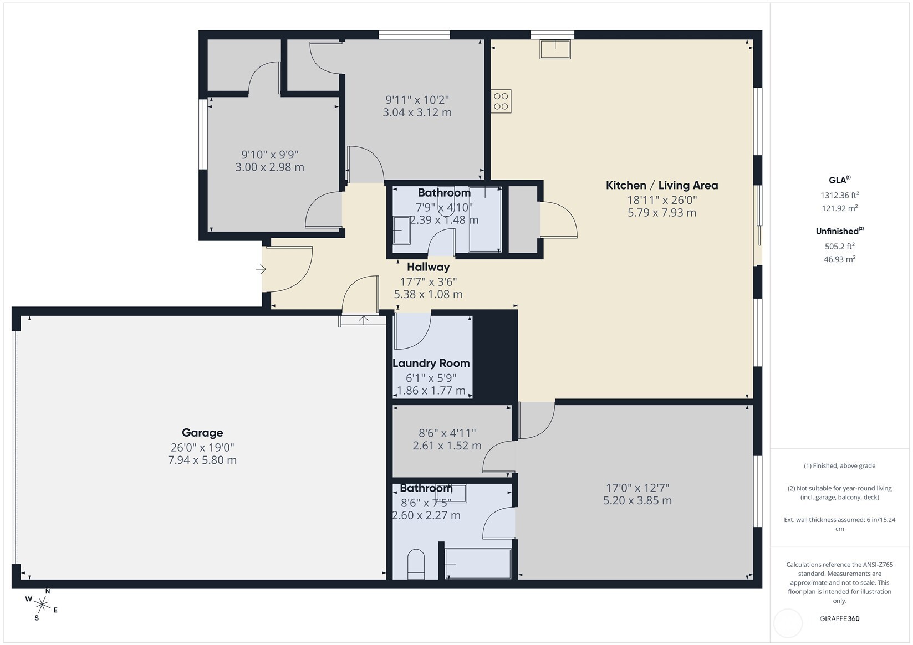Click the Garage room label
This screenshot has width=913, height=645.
(202, 433)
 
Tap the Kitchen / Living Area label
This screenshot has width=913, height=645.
(661, 186)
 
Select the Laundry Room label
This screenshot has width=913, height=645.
(431, 364)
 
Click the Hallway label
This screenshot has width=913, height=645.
(428, 267)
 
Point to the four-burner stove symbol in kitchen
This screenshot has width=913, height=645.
(501, 101)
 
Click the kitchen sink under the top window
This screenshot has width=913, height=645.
(555, 49)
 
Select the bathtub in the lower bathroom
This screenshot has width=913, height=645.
(478, 564)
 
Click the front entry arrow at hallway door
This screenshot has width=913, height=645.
(261, 269)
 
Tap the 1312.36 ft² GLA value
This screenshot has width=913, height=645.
(839, 195)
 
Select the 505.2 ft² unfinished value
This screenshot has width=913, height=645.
(839, 246)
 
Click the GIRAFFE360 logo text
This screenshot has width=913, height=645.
(839, 618)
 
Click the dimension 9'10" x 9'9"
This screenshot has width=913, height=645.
(269, 155)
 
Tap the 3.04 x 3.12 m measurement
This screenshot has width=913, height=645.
(417, 112)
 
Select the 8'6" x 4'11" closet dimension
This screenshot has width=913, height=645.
(447, 433)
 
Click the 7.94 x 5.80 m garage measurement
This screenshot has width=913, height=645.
(202, 460)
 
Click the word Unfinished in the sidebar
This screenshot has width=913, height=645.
(837, 232)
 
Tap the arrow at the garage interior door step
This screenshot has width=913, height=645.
(364, 320)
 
